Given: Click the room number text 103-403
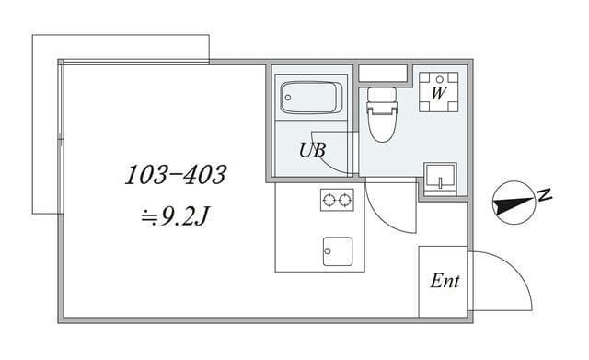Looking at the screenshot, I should coord(175,174).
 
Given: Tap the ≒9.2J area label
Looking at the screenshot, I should coord(177,219).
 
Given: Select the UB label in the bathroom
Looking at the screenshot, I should coord(312,151).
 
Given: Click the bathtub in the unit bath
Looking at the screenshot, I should coord(311,97).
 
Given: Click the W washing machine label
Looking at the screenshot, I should coord(439,93).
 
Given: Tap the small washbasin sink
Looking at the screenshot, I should coord(439,175).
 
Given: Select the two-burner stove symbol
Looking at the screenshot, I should coord(337,199).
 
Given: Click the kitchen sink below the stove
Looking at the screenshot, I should coord(337,249).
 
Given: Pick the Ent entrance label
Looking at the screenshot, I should coord(445,282).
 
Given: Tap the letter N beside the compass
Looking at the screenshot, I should coord(544,194).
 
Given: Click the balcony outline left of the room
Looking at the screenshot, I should coord(46,120).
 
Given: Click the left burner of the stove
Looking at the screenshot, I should coord(329,199).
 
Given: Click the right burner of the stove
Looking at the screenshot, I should coord(345,199).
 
